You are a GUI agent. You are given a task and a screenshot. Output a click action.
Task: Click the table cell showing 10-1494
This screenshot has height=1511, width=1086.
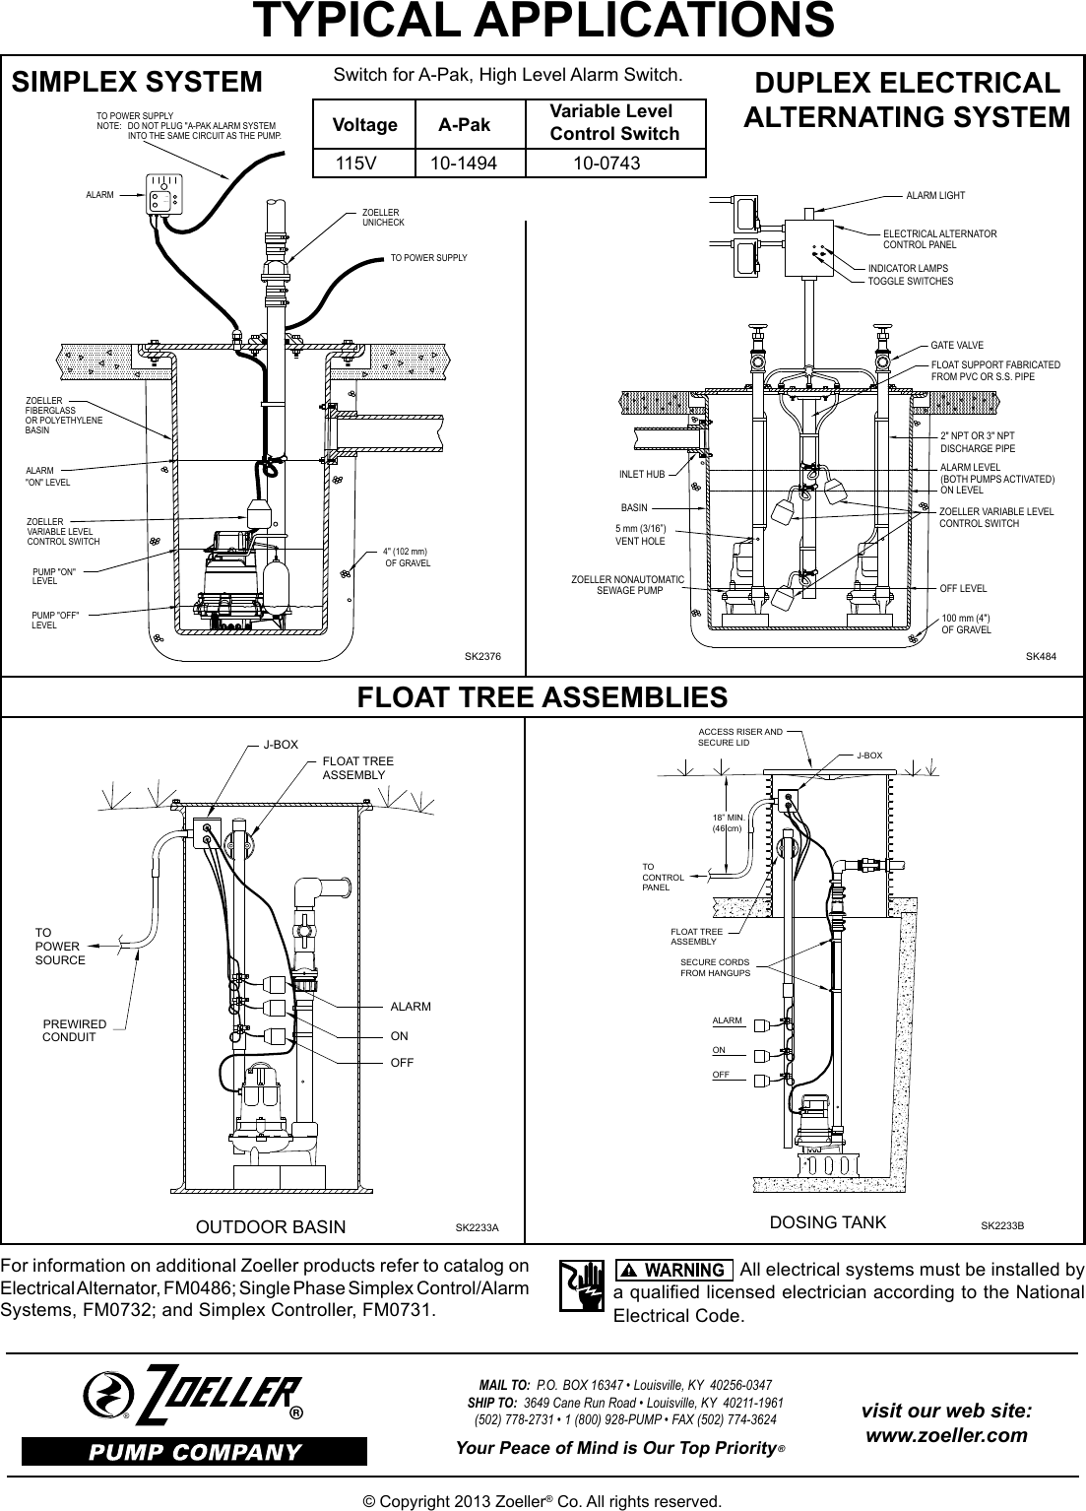(470, 163)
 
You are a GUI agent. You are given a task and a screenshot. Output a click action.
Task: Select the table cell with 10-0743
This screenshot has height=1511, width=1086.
(607, 163)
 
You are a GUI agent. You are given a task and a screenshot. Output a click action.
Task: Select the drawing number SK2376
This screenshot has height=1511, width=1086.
(482, 655)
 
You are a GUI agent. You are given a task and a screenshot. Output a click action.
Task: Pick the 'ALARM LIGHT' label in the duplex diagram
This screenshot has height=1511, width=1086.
(935, 196)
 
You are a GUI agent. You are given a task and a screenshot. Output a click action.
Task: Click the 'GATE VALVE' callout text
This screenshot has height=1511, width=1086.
(957, 347)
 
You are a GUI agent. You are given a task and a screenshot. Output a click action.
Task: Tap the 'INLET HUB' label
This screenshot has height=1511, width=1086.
(642, 475)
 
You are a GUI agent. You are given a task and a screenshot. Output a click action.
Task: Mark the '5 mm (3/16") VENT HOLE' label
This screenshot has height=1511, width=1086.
(640, 536)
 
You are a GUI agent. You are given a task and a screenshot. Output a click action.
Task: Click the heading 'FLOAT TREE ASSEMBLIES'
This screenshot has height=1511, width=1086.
(543, 697)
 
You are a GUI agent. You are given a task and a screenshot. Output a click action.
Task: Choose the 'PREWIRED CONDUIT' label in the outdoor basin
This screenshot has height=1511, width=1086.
(74, 1030)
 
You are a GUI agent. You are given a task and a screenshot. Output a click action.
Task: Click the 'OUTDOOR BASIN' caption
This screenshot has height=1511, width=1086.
(272, 1226)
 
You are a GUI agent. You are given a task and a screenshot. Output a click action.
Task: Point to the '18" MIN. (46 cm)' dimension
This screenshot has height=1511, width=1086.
(727, 824)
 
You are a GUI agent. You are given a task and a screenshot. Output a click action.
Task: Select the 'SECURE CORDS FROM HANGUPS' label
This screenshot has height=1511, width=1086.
(715, 967)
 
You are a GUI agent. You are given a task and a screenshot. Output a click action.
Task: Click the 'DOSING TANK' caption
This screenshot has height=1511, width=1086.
(827, 1222)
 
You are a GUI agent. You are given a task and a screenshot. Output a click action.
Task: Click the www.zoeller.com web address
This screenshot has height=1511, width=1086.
(946, 1435)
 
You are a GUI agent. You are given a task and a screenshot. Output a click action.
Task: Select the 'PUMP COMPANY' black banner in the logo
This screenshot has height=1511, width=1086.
(195, 1452)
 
